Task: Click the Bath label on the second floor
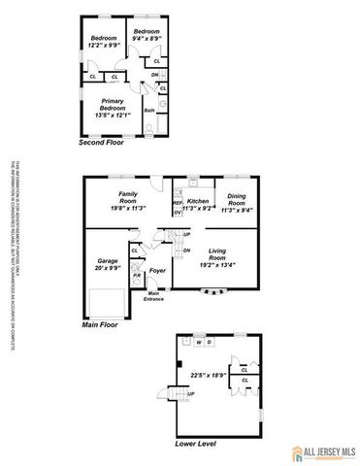[149, 110]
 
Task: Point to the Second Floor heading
[102, 142]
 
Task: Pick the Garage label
[108, 260]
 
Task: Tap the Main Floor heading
[100, 324]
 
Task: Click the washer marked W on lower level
[198, 342]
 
